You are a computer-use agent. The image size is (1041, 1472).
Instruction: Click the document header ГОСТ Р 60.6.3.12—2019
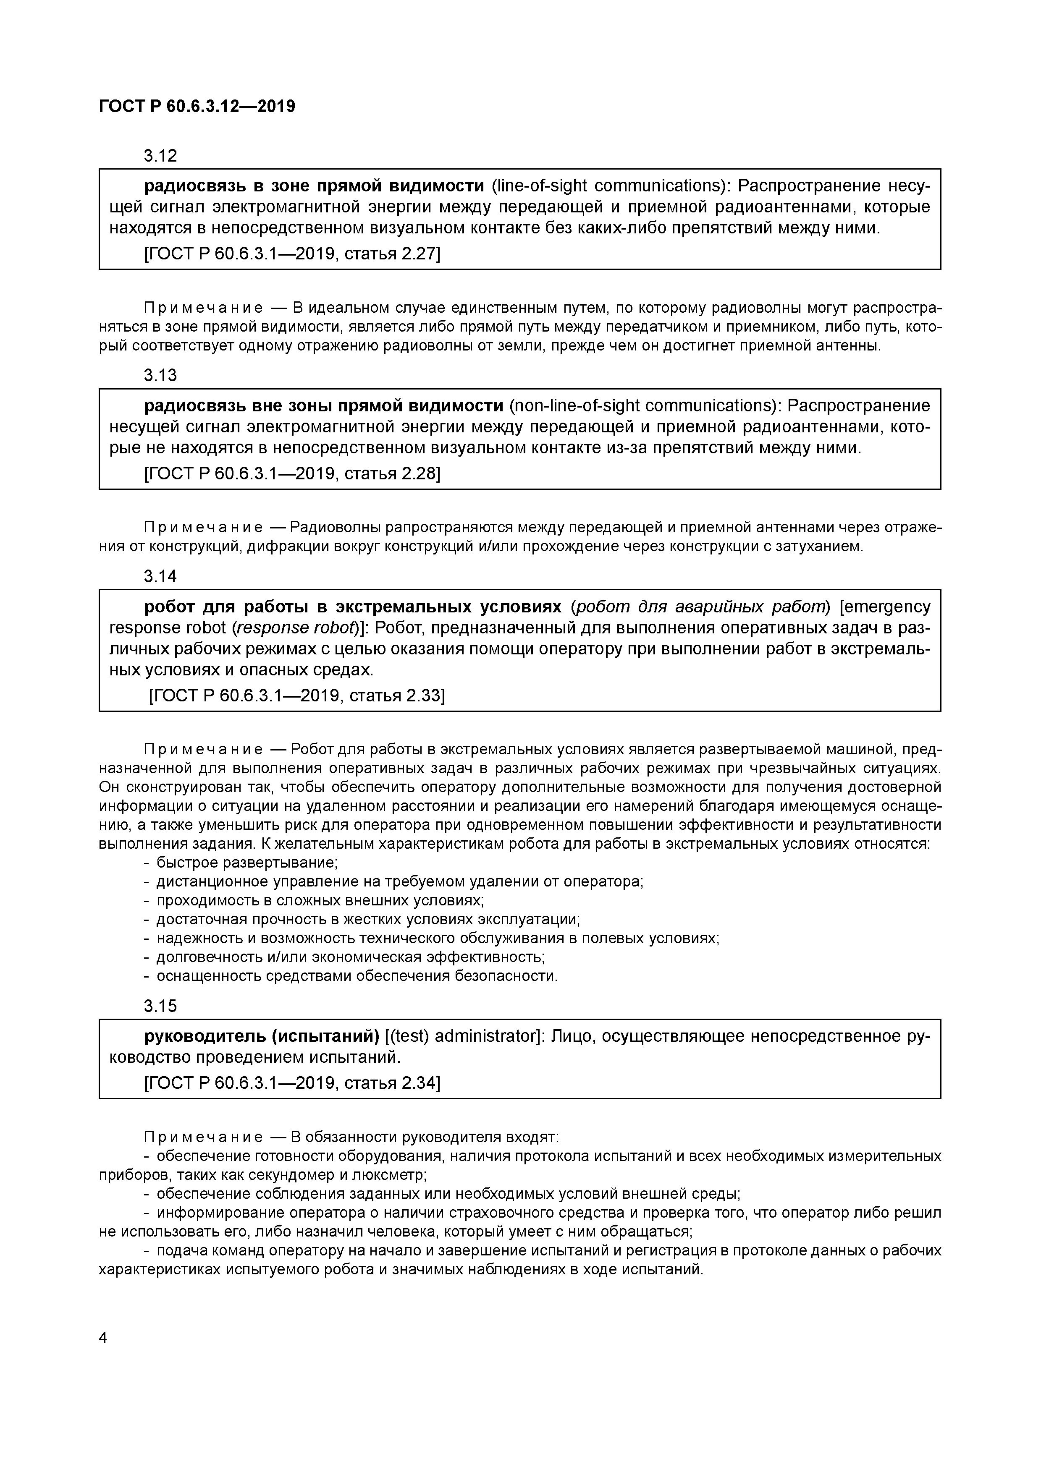point(197,107)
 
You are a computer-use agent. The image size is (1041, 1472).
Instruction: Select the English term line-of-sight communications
point(609,186)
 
